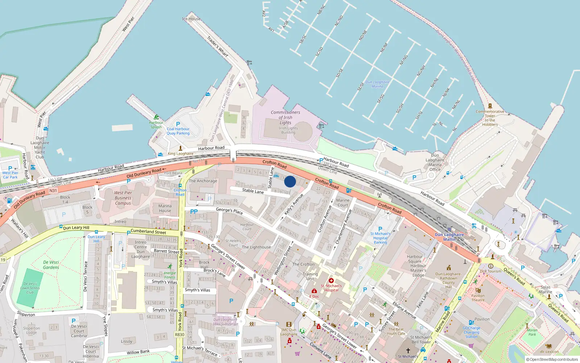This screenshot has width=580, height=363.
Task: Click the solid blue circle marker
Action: [290, 181]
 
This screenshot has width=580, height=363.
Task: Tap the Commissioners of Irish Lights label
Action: [285, 118]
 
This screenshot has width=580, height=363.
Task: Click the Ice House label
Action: [191, 19]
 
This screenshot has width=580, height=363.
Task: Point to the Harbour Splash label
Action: [156, 125]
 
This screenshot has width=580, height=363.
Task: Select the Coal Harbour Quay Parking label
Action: [178, 131]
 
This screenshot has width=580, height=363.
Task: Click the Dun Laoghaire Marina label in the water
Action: [377, 84]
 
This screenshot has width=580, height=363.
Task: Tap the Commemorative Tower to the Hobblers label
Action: [490, 118]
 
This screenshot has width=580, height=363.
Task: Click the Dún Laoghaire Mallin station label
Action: [449, 237]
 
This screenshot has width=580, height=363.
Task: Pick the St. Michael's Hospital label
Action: [331, 288]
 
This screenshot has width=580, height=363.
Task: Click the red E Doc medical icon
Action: [314, 291]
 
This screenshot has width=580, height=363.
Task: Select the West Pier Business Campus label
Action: [123, 198]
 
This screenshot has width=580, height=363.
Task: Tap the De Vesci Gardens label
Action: [51, 265]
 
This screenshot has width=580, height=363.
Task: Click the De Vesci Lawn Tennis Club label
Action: [30, 288]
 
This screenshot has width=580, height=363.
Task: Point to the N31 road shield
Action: [53, 191]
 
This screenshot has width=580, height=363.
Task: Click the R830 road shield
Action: [179, 335]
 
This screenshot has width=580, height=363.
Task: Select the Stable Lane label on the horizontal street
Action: [253, 191]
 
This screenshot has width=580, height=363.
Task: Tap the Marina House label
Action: [165, 208]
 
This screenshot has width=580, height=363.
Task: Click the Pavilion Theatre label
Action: [478, 298]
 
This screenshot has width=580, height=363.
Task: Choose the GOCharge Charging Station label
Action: [471, 332]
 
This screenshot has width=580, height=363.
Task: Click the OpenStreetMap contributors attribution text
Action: [552, 360]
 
